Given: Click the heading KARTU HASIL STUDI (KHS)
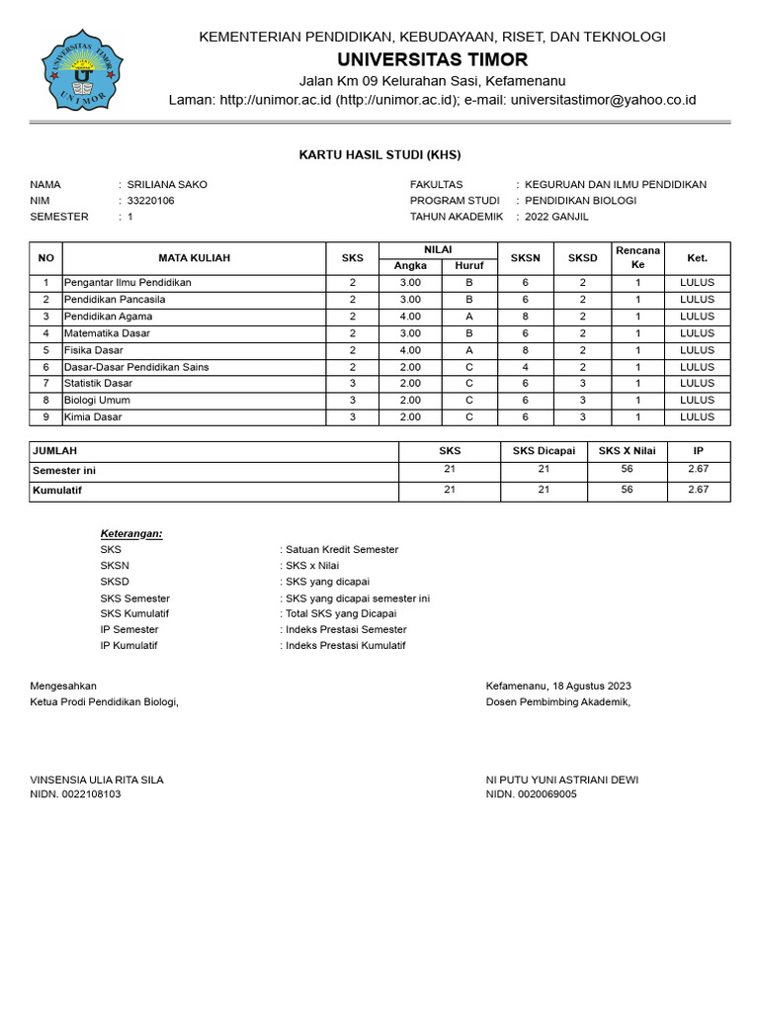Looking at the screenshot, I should pyautogui.click(x=379, y=155).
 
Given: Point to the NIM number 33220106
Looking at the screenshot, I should pyautogui.click(x=151, y=201).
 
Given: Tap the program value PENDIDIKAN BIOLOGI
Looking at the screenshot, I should pyautogui.click(x=580, y=201).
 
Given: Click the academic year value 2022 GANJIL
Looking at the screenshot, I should pyautogui.click(x=556, y=217).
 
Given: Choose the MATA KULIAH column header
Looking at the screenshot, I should pyautogui.click(x=194, y=258).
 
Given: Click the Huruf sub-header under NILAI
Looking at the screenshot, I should pyautogui.click(x=469, y=266).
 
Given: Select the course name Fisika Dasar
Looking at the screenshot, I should pyautogui.click(x=94, y=350).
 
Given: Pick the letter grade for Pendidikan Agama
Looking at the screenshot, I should pyautogui.click(x=469, y=317).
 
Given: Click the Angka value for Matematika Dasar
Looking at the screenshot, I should pyautogui.click(x=410, y=333).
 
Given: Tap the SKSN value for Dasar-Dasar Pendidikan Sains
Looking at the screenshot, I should pyautogui.click(x=526, y=367).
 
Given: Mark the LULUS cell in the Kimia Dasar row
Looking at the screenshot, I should pyautogui.click(x=697, y=417).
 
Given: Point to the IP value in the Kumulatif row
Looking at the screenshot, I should pyautogui.click(x=698, y=490).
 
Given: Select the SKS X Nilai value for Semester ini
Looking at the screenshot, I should pyautogui.click(x=627, y=470).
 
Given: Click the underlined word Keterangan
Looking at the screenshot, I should pyautogui.click(x=131, y=533).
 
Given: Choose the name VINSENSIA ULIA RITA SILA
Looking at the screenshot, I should pyautogui.click(x=97, y=780).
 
